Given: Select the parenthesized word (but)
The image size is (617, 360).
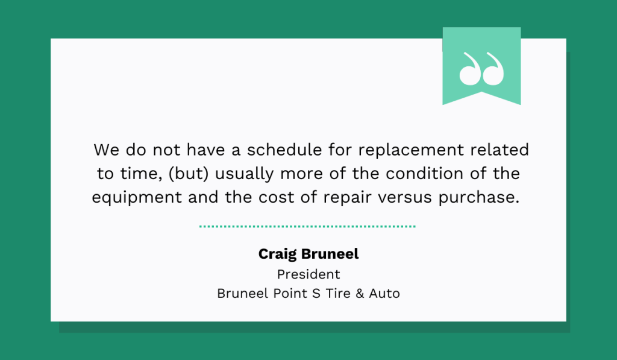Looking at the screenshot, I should coord(187,174).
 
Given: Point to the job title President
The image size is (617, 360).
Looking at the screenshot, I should coord(308,274).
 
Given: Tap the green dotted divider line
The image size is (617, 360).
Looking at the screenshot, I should coord(307,227).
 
